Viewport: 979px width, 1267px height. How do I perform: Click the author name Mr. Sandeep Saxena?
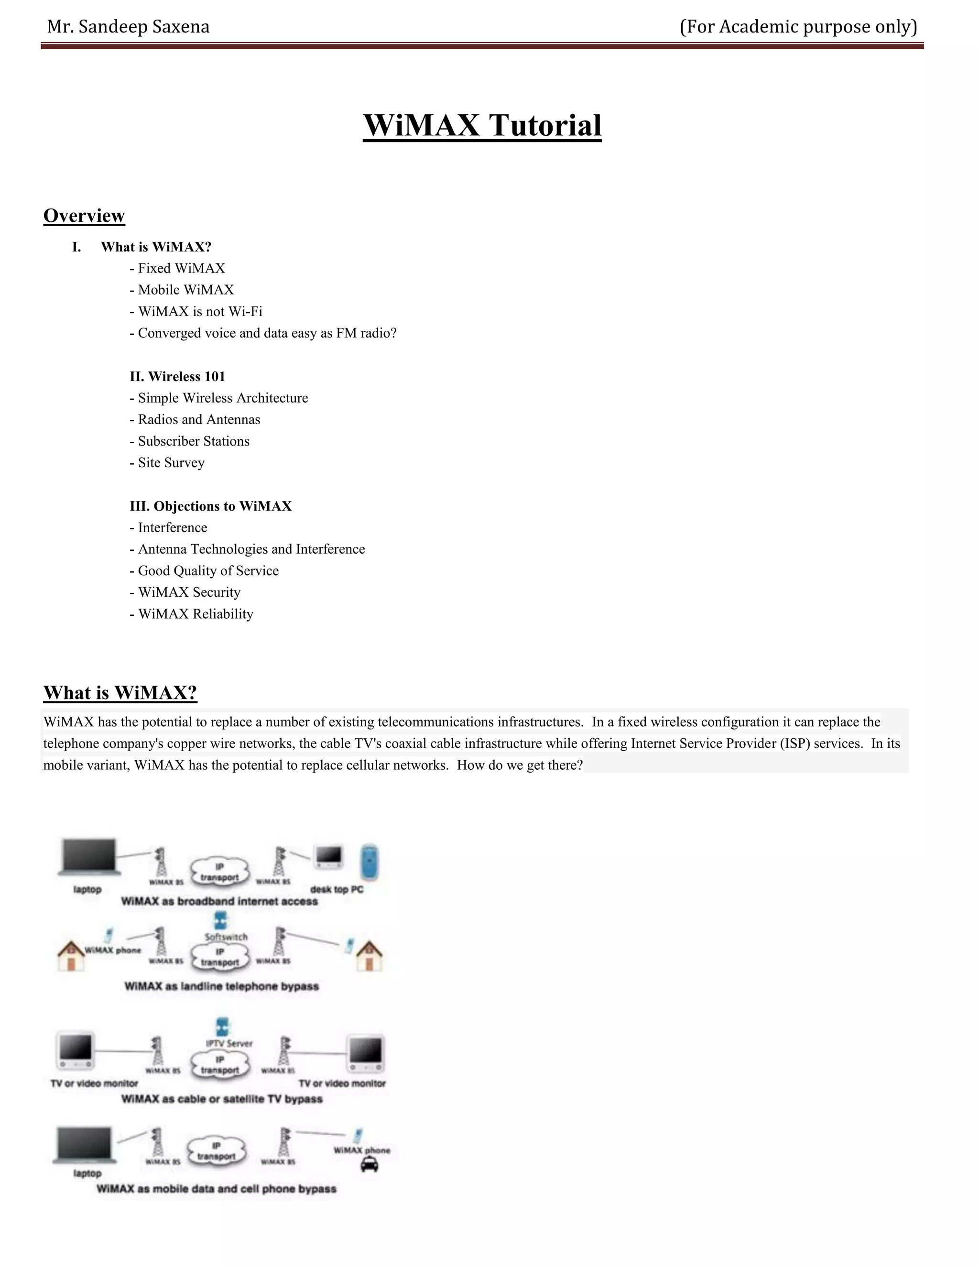[128, 27]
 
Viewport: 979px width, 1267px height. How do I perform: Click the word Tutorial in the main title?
[544, 125]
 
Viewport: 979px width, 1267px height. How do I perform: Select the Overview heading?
[84, 216]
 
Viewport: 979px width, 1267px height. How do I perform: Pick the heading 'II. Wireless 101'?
[177, 376]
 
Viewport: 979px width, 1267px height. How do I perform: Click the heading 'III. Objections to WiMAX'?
[210, 506]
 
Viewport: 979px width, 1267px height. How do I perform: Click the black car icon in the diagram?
[370, 1164]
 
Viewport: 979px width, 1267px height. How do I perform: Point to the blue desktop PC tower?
[370, 862]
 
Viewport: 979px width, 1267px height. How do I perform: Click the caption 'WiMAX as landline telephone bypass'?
[221, 986]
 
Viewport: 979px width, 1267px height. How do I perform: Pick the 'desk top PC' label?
[337, 889]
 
